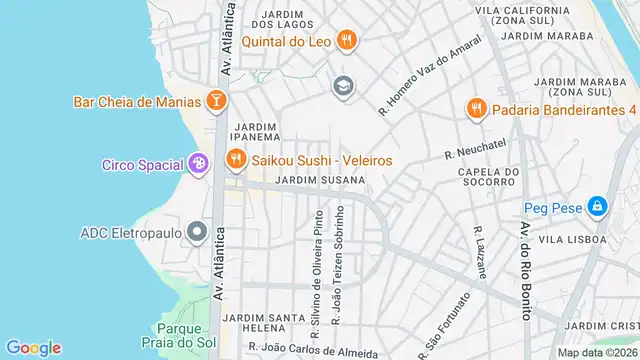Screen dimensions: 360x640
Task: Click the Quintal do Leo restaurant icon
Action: [x=346, y=40]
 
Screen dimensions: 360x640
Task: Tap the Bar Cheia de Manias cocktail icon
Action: [x=215, y=101]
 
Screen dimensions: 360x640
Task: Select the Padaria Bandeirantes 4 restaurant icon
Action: [x=476, y=108]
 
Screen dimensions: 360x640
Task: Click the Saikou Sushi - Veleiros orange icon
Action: [x=236, y=160]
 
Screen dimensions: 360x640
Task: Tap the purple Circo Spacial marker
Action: [x=198, y=164]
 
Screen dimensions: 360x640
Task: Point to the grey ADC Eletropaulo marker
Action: [x=197, y=233]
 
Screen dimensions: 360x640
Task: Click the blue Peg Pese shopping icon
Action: [x=597, y=208]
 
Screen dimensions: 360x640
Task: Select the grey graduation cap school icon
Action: [x=343, y=87]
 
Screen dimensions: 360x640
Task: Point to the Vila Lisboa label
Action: [x=574, y=240]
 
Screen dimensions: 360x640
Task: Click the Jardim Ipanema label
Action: [x=255, y=132]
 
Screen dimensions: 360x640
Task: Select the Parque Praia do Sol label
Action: [x=180, y=335]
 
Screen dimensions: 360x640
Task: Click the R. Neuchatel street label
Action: [x=477, y=154]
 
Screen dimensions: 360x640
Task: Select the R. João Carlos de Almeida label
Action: [x=313, y=351]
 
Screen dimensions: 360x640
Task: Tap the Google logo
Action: [x=33, y=347]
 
